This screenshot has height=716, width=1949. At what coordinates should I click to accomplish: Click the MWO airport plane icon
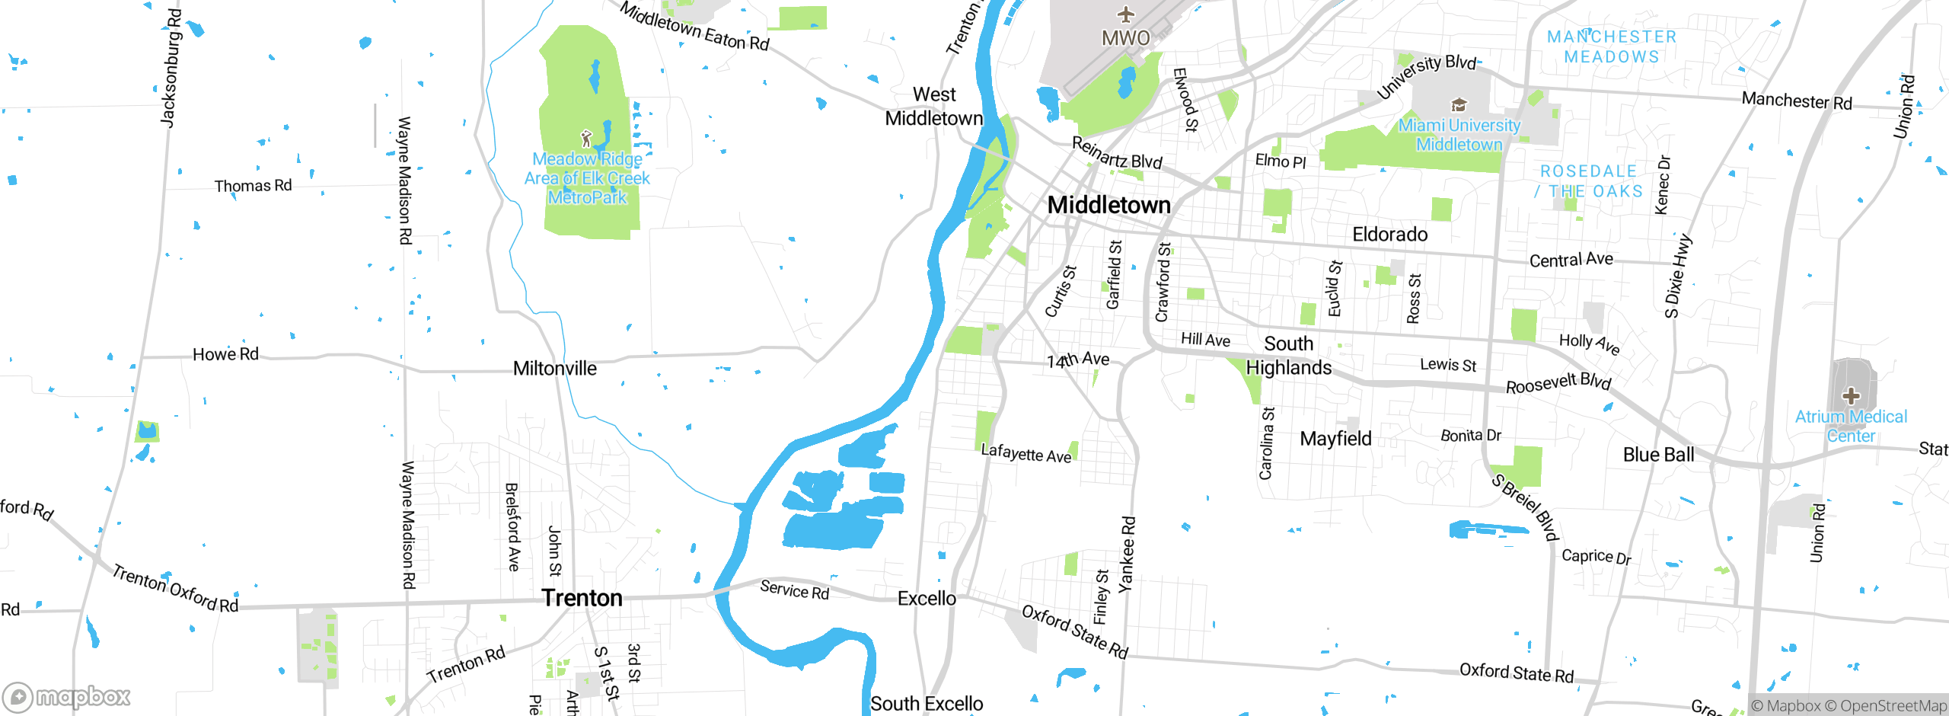[x=1126, y=14]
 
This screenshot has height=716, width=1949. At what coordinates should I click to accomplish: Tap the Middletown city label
[x=1109, y=205]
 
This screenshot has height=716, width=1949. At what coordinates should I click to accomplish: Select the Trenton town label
[x=582, y=598]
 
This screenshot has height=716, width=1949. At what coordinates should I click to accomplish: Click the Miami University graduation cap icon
[x=1459, y=104]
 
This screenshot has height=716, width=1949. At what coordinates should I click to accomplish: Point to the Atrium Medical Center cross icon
[x=1851, y=396]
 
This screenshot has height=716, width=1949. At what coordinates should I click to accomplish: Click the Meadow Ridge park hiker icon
[x=586, y=139]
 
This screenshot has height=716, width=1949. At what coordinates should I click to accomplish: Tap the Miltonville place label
[x=555, y=369]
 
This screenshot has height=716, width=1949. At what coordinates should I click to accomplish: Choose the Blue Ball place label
[x=1658, y=455]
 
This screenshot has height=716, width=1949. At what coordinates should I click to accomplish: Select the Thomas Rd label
[x=253, y=186]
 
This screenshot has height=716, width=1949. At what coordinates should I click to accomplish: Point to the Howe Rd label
[x=225, y=354]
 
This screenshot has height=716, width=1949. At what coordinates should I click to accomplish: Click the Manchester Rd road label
[x=1797, y=101]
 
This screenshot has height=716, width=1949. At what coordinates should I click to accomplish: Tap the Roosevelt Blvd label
[x=1558, y=383]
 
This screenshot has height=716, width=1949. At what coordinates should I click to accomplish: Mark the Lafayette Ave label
[x=1026, y=453]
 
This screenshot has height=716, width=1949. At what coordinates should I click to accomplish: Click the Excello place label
[x=927, y=599]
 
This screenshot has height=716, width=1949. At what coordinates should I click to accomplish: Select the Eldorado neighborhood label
[x=1389, y=235]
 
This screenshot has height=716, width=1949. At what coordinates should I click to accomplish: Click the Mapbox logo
[x=67, y=696]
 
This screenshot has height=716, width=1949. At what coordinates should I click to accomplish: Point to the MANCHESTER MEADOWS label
[x=1612, y=46]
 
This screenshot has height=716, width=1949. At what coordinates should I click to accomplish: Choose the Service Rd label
[x=794, y=590]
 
